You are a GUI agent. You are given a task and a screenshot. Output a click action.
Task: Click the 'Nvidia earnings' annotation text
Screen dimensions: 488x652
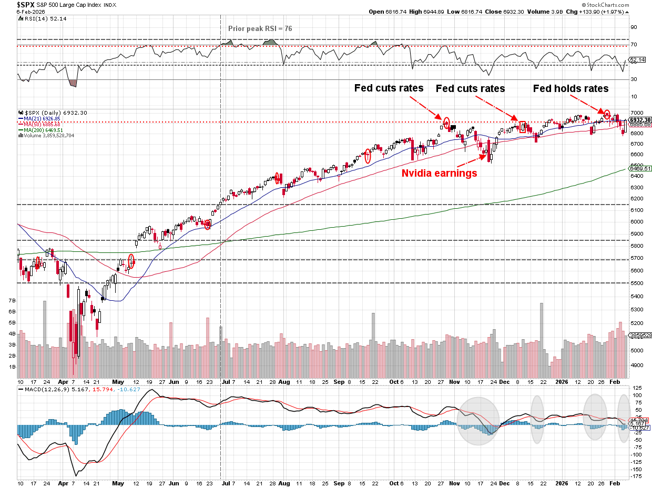click(x=439, y=172)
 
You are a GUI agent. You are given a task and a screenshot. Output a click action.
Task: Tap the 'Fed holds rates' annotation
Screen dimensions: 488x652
click(x=570, y=88)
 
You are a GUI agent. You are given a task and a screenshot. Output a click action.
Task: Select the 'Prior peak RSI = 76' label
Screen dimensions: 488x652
click(x=260, y=28)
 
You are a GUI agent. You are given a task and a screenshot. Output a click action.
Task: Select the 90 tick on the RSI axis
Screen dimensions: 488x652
click(x=634, y=27)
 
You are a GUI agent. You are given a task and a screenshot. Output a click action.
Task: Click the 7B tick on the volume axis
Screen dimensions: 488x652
click(x=12, y=300)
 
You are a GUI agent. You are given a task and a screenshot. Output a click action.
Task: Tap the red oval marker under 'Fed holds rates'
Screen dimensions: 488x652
click(x=607, y=114)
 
